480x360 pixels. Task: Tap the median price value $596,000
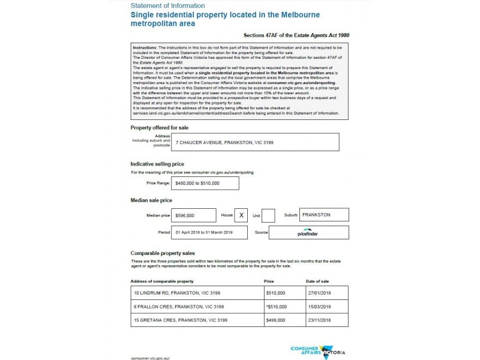point(194,215)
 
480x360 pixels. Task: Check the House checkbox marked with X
point(241,215)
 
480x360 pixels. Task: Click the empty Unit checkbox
point(268,215)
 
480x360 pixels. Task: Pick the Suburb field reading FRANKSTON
point(323,215)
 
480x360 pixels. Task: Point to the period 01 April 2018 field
point(201,232)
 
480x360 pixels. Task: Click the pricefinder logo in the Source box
point(308,232)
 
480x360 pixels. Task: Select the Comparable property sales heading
point(163,253)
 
